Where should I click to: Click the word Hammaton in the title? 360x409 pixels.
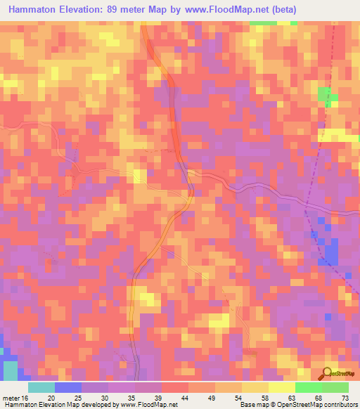[x=34, y=10]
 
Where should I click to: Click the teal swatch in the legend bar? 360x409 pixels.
[x=41, y=387]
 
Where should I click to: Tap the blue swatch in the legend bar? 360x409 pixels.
[x=67, y=387]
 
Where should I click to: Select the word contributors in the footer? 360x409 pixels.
[x=340, y=405]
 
